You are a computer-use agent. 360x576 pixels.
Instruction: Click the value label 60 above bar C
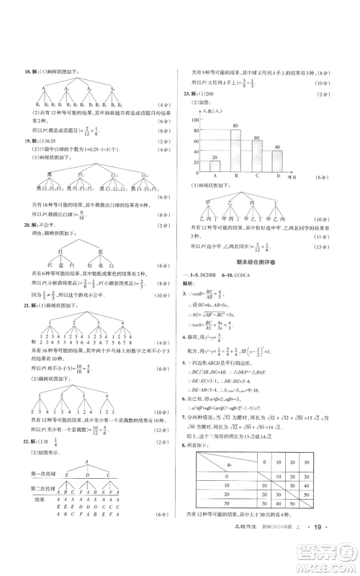click(255, 138)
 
